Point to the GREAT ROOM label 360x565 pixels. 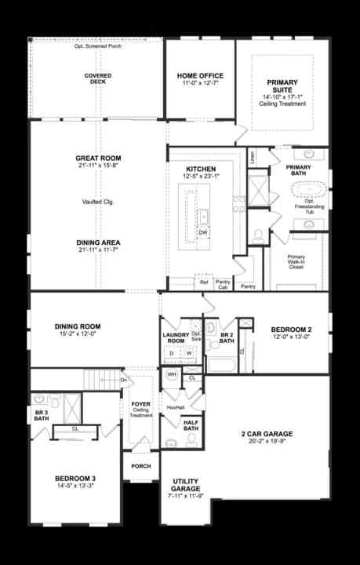[x=99, y=159]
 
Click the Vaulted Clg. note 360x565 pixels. [x=99, y=202]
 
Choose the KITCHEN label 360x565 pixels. [x=201, y=169]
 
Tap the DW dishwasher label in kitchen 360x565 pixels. [x=202, y=232]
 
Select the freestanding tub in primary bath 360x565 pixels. [x=308, y=189]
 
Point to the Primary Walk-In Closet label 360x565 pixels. [x=296, y=262]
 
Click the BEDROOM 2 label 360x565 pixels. [x=291, y=330]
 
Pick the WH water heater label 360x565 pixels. [x=172, y=375]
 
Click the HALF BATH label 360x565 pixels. [x=191, y=424]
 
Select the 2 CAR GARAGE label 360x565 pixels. [x=267, y=433]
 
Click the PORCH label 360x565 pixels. [x=141, y=466]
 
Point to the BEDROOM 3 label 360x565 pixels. [x=75, y=479]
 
